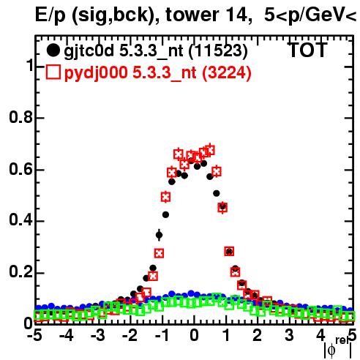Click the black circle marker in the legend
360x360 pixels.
[x=53, y=50]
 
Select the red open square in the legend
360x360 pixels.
[x=53, y=72]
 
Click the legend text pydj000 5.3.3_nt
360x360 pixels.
[x=130, y=73]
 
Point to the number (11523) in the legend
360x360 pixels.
[x=218, y=51]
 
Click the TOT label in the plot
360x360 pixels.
[x=307, y=50]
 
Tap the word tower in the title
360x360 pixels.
[x=192, y=15]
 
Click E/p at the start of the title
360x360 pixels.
[x=50, y=16]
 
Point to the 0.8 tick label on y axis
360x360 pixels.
[x=20, y=117]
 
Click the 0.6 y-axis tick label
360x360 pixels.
[x=20, y=169]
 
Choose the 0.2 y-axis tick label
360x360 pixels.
[x=20, y=271]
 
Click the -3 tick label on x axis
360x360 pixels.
[x=98, y=335]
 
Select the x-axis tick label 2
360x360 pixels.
[x=258, y=335]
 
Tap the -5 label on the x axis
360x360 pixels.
[x=34, y=335]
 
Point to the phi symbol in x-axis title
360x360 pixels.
[x=331, y=350]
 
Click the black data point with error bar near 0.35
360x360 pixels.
[x=159, y=235]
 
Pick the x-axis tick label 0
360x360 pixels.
[x=194, y=335]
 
